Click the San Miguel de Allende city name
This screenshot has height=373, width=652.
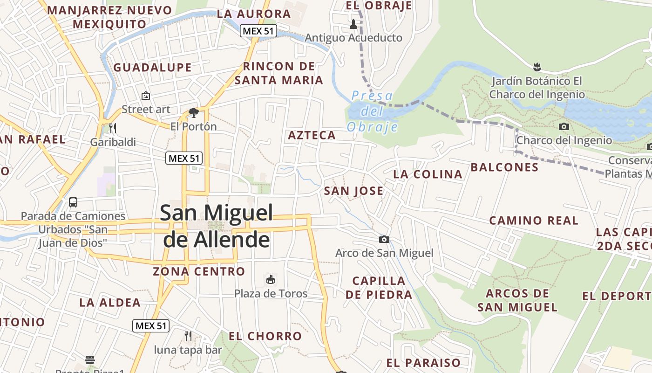coord(217,226)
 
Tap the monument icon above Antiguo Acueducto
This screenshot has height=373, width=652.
coord(353,23)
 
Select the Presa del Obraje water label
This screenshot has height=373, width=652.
coord(373,111)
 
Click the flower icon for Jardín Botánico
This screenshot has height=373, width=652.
coord(537,67)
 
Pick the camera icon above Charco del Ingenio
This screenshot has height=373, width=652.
coord(564,126)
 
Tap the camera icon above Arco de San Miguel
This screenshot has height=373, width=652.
coord(384,239)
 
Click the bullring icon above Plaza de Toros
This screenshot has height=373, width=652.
coord(270,280)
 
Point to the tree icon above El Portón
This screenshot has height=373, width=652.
coord(193,112)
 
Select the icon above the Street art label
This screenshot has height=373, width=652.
coord(146,96)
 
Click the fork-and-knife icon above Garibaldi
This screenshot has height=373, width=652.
coord(112,128)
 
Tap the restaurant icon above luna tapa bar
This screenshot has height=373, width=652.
coord(188,336)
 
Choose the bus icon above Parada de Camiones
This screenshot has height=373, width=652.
coord(73,202)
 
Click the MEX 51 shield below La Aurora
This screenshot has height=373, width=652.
coord(258,31)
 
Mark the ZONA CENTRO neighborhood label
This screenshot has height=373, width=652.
coord(199,271)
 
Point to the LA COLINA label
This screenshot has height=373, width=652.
coord(428,174)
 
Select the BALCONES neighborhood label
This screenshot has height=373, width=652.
coord(504,167)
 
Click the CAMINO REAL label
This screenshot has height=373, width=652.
coord(534,220)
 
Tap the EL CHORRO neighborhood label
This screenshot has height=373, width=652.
coord(265,336)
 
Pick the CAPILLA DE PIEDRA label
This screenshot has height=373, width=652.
coord(379,288)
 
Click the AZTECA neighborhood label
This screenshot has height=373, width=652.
coord(312,135)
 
